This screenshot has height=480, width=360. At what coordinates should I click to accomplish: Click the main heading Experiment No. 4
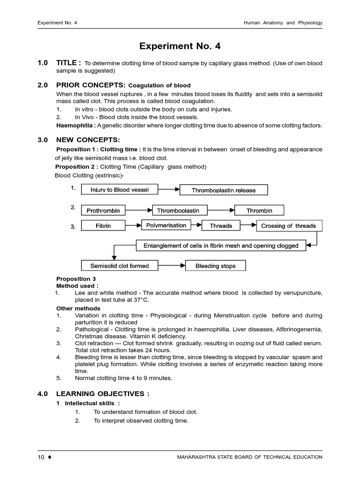tap(180, 46)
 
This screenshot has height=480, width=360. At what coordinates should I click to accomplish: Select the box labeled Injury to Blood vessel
tap(120, 190)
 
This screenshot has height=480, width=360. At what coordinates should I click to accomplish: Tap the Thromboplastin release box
tap(224, 190)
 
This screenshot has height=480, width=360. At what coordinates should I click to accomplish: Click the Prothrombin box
tap(103, 210)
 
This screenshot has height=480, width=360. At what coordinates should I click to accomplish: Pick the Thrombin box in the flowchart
tap(259, 210)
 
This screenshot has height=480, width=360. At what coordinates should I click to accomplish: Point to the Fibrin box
tap(103, 226)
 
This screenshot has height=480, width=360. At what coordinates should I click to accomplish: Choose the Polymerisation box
tap(166, 225)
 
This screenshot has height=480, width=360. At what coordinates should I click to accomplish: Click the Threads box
tap(221, 226)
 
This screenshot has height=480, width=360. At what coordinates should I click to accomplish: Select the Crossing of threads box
tap(288, 226)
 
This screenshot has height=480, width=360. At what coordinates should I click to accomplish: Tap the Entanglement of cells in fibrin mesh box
tap(221, 246)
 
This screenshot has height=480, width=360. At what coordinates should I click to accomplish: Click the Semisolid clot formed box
tap(120, 266)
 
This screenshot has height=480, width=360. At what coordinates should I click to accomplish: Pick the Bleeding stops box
tap(215, 266)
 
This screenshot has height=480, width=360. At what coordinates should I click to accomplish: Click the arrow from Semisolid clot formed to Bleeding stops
tap(172, 266)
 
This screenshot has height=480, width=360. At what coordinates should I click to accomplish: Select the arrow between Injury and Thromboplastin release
tap(169, 190)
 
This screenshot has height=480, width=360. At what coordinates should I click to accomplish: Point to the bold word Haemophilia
tap(75, 126)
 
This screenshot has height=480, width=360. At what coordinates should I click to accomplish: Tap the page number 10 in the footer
tap(41, 457)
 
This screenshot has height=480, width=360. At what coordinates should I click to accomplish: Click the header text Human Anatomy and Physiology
tap(283, 22)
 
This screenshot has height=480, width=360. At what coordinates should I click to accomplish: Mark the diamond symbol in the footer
tap(49, 457)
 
